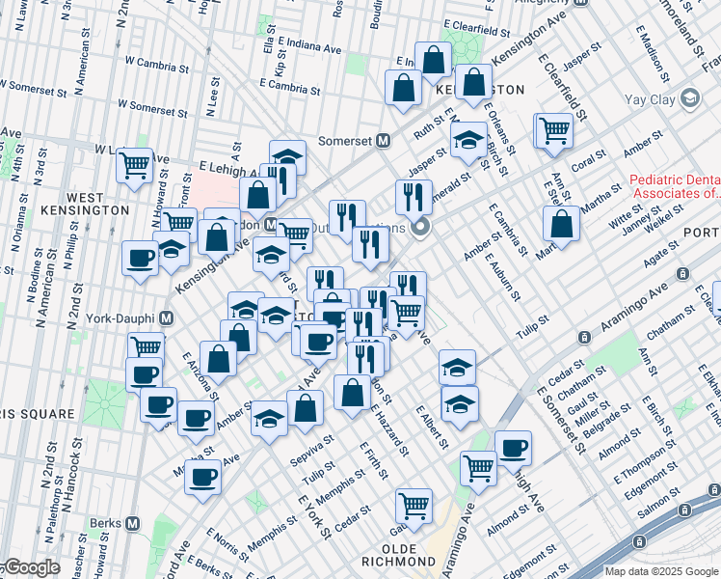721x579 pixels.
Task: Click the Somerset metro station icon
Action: pyautogui.click(x=382, y=140)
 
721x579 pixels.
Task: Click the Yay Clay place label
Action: pyautogui.click(x=652, y=97)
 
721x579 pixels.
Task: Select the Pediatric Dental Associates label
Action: pyautogui.click(x=675, y=186)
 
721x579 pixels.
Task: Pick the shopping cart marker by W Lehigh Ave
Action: pyautogui.click(x=134, y=164)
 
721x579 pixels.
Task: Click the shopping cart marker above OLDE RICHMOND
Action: pyautogui.click(x=414, y=505)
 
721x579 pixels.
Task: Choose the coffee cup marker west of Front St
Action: pyautogui.click(x=141, y=259)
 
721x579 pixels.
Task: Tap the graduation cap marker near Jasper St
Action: pyautogui.click(x=468, y=141)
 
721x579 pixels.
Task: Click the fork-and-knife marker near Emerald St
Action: pyautogui.click(x=414, y=197)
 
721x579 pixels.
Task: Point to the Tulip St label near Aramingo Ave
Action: pyautogui.click(x=530, y=319)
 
